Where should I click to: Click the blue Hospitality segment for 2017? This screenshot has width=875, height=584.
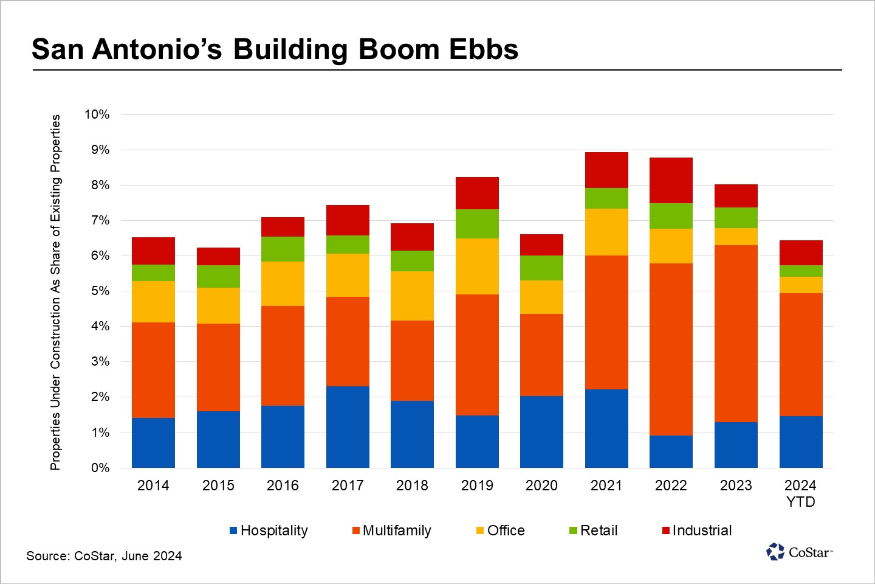[x=348, y=426]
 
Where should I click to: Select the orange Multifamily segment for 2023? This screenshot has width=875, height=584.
[x=736, y=333]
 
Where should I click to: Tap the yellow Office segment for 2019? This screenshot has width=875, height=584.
[x=477, y=266]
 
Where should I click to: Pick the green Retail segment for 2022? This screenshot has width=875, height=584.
[x=671, y=216]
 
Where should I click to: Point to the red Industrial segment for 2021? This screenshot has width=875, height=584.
[x=606, y=170]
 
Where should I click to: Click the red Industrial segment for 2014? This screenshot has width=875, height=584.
[x=153, y=251]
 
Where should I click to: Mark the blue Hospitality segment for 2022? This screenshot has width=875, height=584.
[x=671, y=451]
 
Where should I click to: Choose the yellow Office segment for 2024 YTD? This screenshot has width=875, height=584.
[x=801, y=285]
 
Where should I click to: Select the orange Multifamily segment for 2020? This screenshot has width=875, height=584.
[x=541, y=355]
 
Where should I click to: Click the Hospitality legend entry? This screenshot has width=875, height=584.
[x=269, y=530]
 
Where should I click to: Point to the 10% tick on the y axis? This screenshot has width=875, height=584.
[x=97, y=114]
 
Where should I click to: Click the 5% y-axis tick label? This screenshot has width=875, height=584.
[x=100, y=291]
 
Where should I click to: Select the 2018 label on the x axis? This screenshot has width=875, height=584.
[x=412, y=485]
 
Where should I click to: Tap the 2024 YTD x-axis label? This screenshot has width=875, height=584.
[x=800, y=493]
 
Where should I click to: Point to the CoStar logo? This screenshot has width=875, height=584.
[x=799, y=552]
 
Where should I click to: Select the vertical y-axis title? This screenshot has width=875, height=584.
[x=55, y=292]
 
